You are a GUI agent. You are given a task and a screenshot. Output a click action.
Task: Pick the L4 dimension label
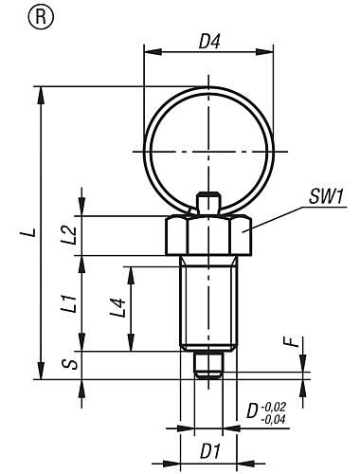(116, 308)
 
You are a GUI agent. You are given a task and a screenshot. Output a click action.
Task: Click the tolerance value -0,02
(276, 405)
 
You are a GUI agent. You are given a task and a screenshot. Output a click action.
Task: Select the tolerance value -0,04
(276, 418)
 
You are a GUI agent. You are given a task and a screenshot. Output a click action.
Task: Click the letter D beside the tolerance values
(252, 411)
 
